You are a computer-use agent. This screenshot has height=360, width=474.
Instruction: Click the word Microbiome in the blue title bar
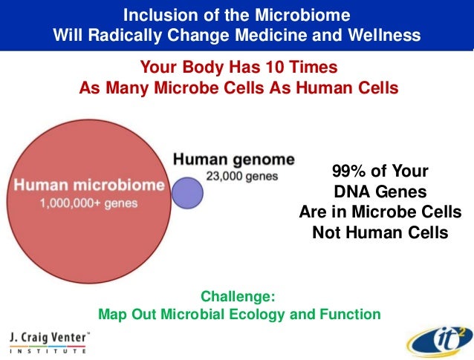[308, 15]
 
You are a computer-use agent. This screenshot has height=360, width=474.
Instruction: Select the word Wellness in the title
[386, 35]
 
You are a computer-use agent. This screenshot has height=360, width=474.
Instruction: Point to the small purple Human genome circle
[188, 192]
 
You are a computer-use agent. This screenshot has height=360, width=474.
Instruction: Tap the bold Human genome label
[233, 160]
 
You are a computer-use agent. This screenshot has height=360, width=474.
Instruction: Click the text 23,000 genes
[241, 177]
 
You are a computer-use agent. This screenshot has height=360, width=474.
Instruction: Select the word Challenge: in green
[238, 296]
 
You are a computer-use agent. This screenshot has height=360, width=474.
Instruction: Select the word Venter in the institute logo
[69, 336]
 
